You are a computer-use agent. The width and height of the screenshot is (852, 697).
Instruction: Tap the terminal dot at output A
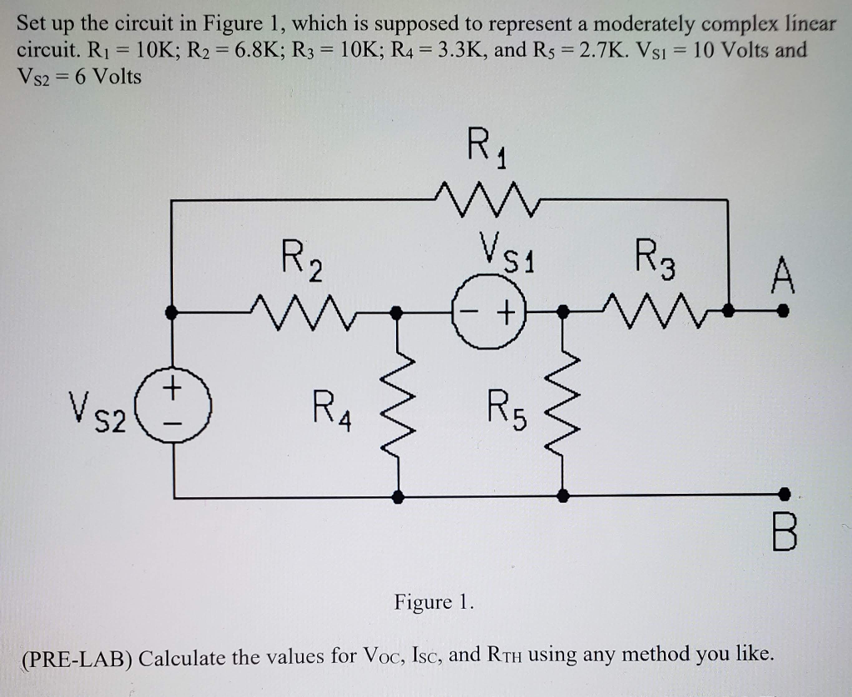[x=782, y=311]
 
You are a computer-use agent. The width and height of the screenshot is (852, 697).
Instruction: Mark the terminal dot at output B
[x=782, y=495]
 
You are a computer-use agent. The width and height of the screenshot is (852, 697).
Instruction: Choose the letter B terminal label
[x=783, y=534]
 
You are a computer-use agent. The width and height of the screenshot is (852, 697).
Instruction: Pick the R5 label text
[x=503, y=411]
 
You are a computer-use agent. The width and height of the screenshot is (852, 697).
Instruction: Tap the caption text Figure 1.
[x=433, y=601]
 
